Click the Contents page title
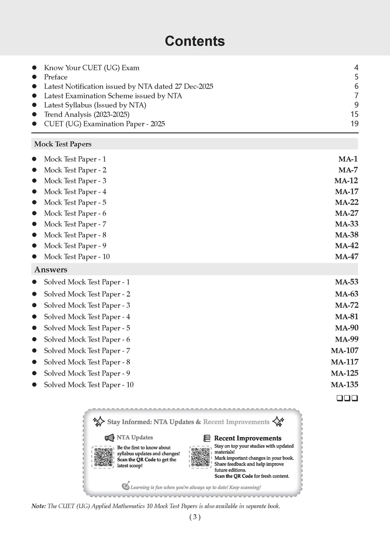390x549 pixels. (195, 41)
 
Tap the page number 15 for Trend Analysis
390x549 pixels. (354, 114)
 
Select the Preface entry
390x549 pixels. (56, 77)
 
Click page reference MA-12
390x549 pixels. (346, 181)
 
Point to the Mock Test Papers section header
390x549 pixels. (63, 144)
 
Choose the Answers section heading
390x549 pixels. (51, 270)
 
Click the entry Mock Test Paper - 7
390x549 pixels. (75, 224)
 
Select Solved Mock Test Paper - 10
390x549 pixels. (89, 385)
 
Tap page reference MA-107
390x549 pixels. (344, 350)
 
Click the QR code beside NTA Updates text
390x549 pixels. (104, 457)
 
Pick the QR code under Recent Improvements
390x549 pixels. (200, 457)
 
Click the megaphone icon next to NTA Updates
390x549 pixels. (110, 438)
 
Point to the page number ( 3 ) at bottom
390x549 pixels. (195, 517)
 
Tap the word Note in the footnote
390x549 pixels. (38, 506)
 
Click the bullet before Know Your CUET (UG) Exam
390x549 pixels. (34, 67)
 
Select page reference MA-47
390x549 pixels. (346, 257)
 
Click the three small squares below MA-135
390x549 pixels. (347, 398)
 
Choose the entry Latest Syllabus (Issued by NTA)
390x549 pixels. (95, 105)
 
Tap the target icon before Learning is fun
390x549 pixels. (125, 486)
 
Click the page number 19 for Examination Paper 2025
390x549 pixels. (354, 124)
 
